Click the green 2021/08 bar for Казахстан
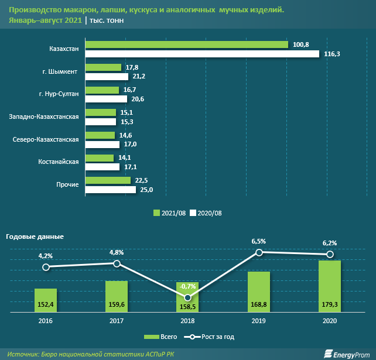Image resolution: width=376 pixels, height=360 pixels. point(187,45)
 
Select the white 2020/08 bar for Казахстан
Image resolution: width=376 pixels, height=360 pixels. point(203,54)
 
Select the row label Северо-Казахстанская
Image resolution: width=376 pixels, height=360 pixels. point(46,139)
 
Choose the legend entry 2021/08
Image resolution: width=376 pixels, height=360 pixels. point(169,212)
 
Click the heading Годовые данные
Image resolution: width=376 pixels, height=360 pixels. point(35,236)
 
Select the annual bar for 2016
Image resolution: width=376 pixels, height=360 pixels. point(46,301)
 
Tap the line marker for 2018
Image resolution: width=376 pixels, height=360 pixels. point(187,298)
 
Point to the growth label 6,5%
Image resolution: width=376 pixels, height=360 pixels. point(258,241)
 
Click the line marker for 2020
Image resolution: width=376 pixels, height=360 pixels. point(330,254)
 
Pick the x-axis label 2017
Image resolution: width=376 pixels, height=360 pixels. point(117,320)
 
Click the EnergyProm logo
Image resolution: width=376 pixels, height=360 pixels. point(345,353)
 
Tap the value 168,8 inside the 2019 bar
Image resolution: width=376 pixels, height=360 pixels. point(258,304)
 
